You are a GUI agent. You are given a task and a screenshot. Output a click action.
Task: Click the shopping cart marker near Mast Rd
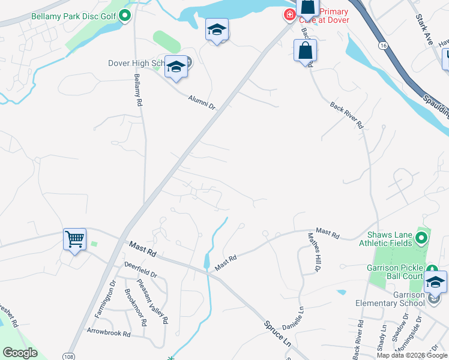75,239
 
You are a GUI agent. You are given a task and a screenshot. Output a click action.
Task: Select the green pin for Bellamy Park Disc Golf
125,15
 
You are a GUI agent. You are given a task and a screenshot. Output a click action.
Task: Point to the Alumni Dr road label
201,102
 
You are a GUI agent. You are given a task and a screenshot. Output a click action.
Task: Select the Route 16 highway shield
382,46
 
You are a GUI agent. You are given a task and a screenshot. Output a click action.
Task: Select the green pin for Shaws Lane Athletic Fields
421,239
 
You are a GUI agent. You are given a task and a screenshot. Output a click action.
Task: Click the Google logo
20,353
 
